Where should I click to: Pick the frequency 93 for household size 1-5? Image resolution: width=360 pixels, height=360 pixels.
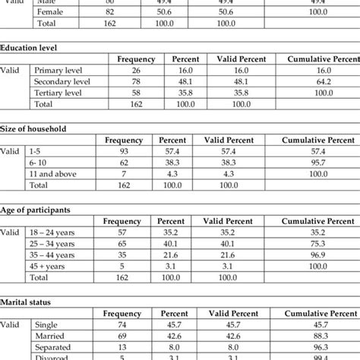click(x=123, y=152)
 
